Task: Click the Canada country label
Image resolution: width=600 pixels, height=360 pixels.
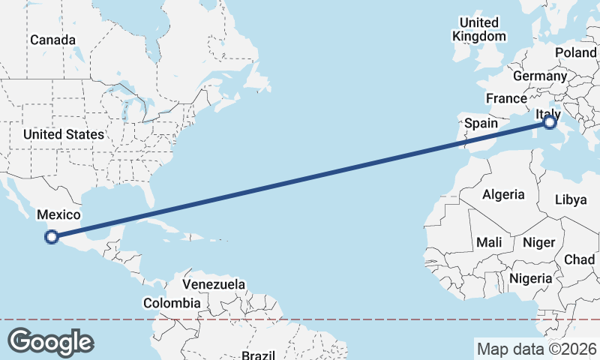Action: tap(52, 40)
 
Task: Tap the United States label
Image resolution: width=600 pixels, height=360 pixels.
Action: tap(63, 134)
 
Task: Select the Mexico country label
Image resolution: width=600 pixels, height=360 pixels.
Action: tap(58, 214)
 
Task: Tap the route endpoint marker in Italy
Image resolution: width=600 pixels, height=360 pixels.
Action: tap(550, 121)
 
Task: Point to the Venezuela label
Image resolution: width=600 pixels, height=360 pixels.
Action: tap(214, 285)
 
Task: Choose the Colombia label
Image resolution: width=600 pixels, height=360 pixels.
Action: tap(172, 304)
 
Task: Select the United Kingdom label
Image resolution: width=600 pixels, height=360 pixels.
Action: tap(479, 29)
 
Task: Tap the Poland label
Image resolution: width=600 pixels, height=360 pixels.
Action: tap(575, 52)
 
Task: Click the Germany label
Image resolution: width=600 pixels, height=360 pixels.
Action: tap(540, 76)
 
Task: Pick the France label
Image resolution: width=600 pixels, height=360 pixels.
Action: tap(506, 98)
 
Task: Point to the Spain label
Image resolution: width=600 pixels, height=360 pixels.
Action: tap(481, 123)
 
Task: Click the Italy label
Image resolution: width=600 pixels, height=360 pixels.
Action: tap(547, 113)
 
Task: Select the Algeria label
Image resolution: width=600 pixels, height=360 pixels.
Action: tap(503, 194)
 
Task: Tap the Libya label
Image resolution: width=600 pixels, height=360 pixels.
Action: tap(571, 199)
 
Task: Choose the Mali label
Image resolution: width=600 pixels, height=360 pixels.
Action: tap(489, 242)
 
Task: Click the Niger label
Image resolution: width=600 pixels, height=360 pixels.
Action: tap(538, 242)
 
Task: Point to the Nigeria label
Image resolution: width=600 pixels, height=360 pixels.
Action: tap(530, 278)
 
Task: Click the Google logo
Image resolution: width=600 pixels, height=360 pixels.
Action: tap(50, 342)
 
